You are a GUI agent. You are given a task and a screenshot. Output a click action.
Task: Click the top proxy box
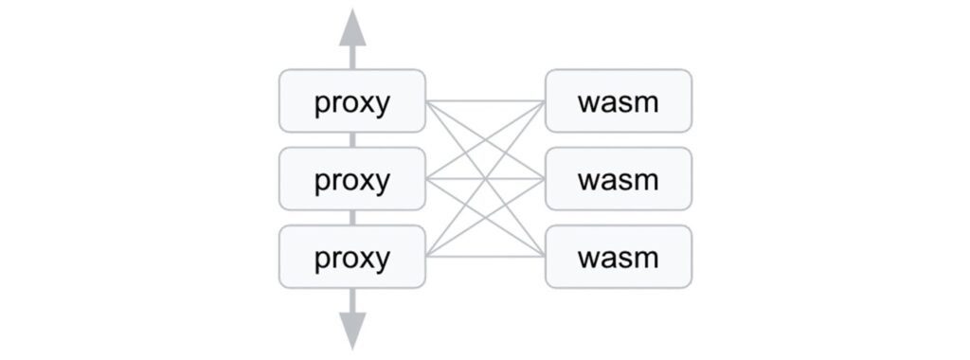click(x=351, y=100)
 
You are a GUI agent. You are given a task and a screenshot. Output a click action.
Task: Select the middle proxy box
click(x=351, y=179)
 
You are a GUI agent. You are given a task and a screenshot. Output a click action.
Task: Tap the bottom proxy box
click(x=351, y=257)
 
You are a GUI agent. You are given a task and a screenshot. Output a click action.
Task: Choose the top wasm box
click(x=619, y=100)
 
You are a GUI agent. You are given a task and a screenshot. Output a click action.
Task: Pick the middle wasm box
click(x=619, y=179)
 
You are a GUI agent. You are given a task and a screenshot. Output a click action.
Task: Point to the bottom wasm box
click(x=619, y=257)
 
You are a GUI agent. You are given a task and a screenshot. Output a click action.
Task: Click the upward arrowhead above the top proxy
click(x=352, y=27)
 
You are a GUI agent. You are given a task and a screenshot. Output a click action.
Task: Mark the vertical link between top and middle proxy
click(x=352, y=139)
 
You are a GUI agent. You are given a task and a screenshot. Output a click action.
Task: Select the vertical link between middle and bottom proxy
click(x=352, y=218)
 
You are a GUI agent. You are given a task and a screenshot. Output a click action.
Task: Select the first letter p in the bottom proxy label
click(x=322, y=261)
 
